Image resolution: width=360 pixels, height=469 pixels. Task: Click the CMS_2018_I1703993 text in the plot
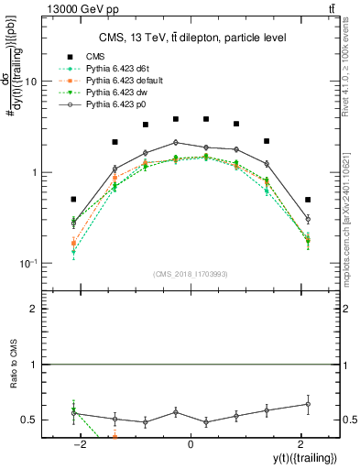(190, 273)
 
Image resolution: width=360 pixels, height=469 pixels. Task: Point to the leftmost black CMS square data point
(73, 199)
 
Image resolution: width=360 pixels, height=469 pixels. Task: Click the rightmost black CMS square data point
(308, 199)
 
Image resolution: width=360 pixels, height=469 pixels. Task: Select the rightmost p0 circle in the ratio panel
(308, 404)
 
